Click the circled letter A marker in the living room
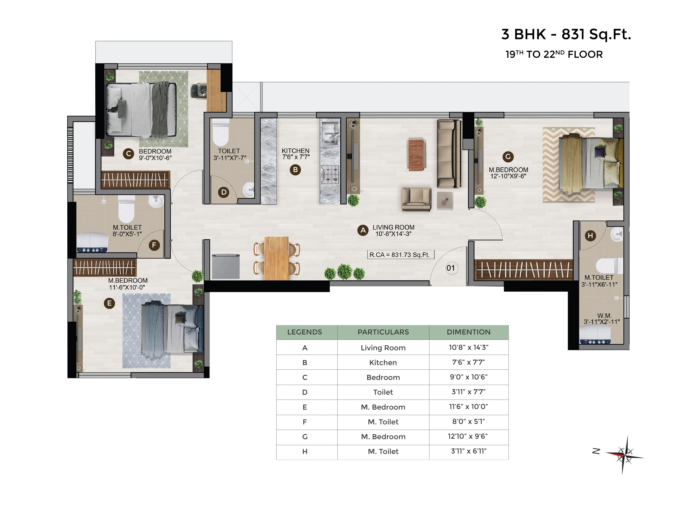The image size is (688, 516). click(x=363, y=230)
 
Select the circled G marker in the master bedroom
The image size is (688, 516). click(x=508, y=157)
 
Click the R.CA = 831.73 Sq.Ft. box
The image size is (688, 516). click(x=401, y=255)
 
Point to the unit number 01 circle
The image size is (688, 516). click(x=451, y=268)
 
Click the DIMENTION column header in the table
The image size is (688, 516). click(x=468, y=332)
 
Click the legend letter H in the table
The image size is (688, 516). click(x=305, y=452)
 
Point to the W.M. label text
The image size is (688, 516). click(x=604, y=316)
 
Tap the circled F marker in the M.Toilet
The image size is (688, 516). click(x=154, y=245)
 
